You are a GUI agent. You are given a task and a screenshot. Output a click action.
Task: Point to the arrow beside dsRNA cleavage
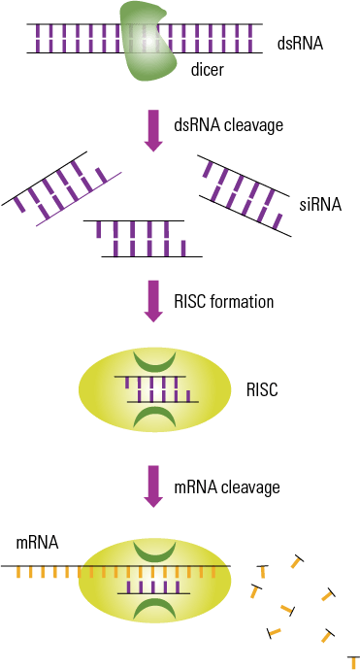[151, 129]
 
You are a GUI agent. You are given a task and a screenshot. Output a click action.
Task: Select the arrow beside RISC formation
[151, 300]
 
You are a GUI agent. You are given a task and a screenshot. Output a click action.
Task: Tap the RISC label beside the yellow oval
[262, 390]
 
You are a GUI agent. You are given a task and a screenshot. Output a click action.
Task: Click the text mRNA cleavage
[226, 486]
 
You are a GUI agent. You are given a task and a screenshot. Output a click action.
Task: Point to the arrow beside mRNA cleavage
[151, 486]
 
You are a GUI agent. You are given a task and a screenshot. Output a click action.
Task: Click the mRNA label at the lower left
[37, 543]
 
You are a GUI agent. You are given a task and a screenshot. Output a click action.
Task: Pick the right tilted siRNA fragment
[245, 193]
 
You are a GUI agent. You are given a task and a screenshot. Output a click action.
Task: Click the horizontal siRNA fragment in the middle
[142, 238]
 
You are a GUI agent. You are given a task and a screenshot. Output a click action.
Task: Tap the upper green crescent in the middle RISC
[155, 358]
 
